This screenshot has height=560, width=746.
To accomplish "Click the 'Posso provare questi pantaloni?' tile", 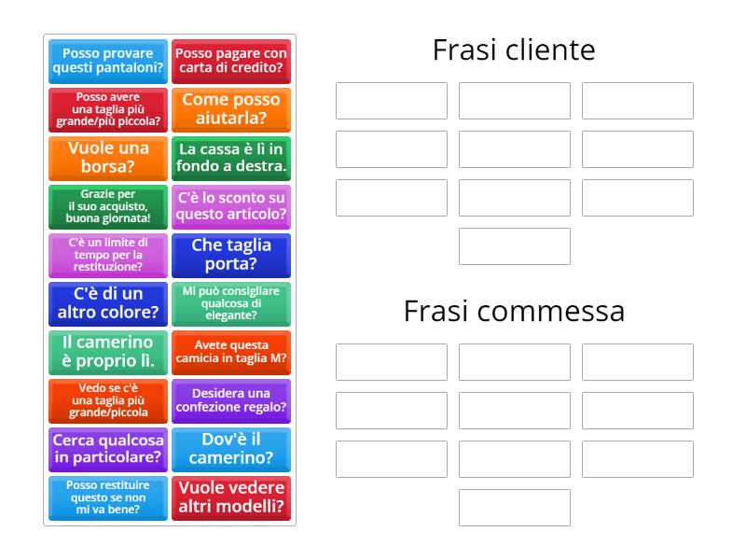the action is [108, 62].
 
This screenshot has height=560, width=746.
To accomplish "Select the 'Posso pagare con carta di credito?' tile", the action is [231, 62].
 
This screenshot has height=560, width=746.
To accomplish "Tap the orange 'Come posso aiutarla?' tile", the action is [231, 110].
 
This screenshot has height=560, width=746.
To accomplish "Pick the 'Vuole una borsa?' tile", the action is [108, 159].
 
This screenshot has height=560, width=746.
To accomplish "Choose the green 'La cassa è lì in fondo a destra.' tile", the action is [231, 159].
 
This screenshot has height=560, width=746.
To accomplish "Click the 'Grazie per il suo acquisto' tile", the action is [108, 207].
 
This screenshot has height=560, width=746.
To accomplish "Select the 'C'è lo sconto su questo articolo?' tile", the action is [231, 207].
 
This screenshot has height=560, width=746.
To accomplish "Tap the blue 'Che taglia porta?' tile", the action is [231, 256].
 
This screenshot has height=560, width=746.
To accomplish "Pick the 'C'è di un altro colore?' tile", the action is [108, 304].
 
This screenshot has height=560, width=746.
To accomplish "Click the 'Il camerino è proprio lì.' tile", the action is [108, 353].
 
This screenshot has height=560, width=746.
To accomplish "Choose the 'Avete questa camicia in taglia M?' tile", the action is [231, 353].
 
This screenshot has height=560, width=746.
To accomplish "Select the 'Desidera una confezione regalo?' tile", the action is [231, 401].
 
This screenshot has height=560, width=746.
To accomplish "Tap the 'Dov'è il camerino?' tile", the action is [231, 450].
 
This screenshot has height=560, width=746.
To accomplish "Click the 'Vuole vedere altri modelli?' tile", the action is [231, 498].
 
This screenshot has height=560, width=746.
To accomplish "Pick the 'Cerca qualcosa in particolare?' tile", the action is [108, 450].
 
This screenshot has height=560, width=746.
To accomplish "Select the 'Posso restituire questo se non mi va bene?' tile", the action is [108, 498].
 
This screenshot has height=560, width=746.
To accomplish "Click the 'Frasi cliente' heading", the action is [514, 49].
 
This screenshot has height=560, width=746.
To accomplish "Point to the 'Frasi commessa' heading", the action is [514, 311].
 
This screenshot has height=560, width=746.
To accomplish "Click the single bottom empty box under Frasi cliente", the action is [515, 246].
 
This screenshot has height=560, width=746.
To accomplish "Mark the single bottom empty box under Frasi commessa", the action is [515, 508].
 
